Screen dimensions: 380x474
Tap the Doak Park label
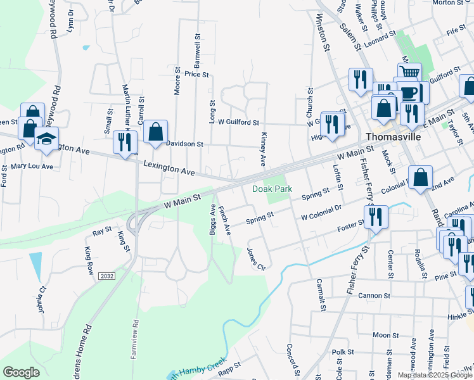pos(271,189)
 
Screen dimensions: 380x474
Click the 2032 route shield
pos(107,275)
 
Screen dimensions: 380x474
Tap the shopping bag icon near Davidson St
pos(155,132)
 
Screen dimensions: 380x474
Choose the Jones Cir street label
pos(257,258)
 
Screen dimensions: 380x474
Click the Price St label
pos(196,74)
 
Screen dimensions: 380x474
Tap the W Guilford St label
pos(238,121)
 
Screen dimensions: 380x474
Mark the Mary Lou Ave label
pos(32,167)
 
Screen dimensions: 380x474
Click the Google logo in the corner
pos(21,372)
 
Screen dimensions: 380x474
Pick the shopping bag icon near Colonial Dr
pos(421,178)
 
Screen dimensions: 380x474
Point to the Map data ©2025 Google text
pos(434,375)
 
